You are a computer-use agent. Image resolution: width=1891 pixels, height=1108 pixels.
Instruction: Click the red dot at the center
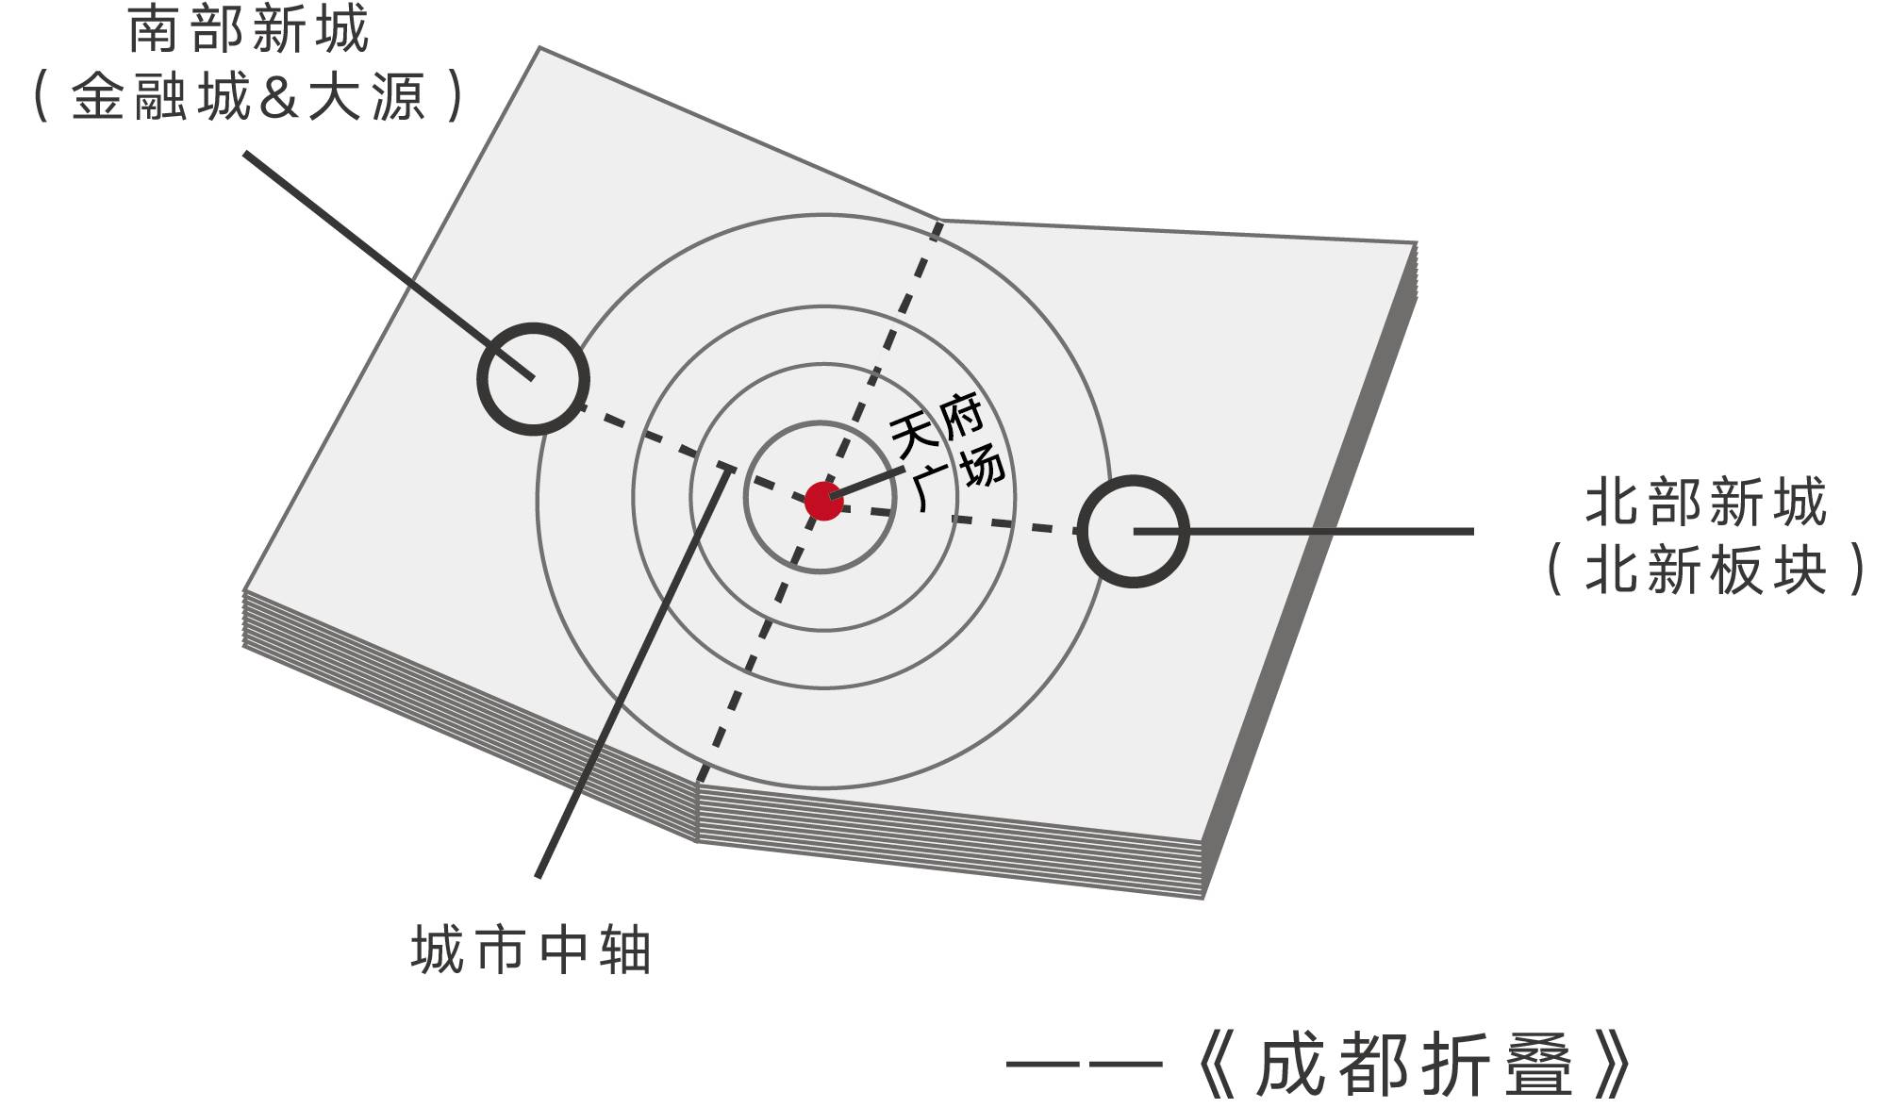click(823, 501)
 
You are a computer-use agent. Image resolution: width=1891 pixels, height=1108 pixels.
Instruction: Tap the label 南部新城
click(248, 30)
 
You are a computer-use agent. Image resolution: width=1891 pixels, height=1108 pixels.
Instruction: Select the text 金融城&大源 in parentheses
click(248, 96)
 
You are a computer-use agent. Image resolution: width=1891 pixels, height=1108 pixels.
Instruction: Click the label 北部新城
click(1705, 502)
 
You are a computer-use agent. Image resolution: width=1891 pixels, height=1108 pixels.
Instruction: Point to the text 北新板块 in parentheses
click(1705, 570)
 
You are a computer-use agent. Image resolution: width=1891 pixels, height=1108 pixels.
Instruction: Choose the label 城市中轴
click(531, 950)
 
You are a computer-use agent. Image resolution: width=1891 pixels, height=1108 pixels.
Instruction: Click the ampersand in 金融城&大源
click(278, 97)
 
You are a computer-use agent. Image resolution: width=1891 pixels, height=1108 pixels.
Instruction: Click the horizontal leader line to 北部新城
click(1320, 532)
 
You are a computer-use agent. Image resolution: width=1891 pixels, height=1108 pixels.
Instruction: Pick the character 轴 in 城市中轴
click(624, 950)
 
